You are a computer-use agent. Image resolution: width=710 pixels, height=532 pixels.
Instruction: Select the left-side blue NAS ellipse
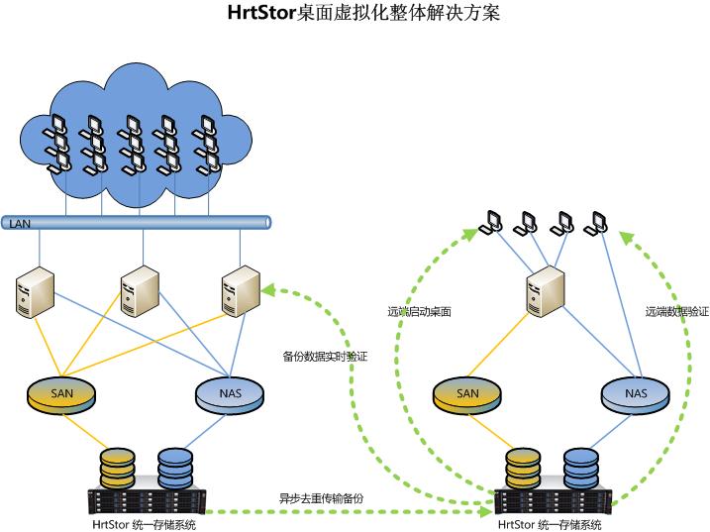click(x=229, y=395)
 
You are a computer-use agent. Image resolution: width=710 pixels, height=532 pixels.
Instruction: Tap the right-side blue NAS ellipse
click(x=636, y=395)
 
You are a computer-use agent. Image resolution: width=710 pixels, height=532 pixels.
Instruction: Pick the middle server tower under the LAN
click(x=137, y=290)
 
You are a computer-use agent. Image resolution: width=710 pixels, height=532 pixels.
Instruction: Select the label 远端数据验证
click(x=676, y=311)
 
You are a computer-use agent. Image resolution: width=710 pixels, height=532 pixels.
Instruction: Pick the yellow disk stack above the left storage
click(x=117, y=467)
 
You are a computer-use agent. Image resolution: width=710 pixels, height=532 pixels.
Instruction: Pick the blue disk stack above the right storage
click(x=582, y=467)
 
